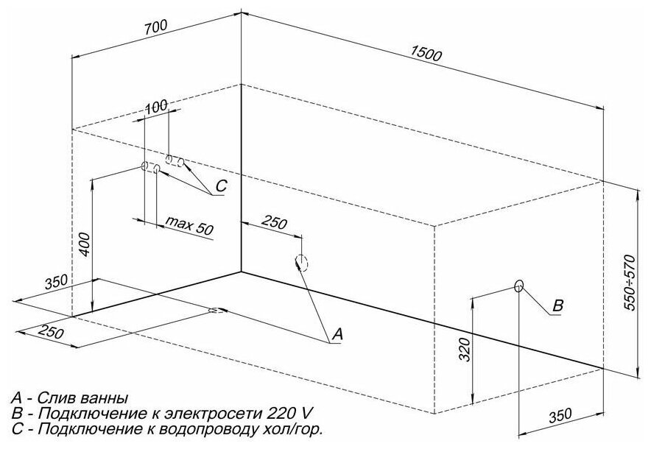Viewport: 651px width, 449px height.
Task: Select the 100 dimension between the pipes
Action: pyautogui.click(x=155, y=107)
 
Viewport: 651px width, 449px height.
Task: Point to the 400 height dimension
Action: pyautogui.click(x=84, y=244)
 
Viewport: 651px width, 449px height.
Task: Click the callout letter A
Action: pyautogui.click(x=337, y=335)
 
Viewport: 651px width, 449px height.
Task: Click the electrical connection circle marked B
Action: pyautogui.click(x=518, y=286)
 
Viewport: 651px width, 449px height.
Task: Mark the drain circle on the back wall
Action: pyautogui.click(x=300, y=262)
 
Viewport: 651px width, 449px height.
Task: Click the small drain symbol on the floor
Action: pyautogui.click(x=215, y=310)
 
